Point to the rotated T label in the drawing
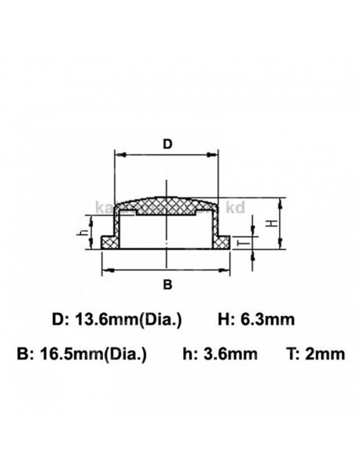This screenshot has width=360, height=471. tap(241, 243)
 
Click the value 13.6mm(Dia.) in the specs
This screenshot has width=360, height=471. tap(127, 319)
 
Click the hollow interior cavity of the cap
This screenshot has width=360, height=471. tap(149, 232)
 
